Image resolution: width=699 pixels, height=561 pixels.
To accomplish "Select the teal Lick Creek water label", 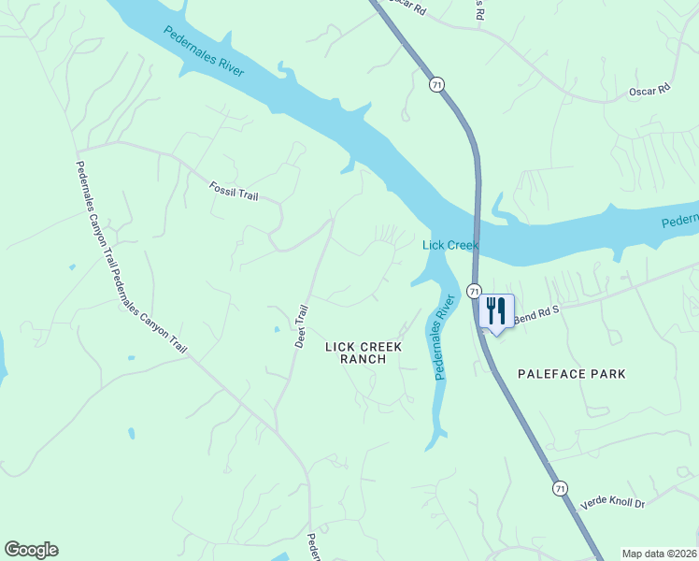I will pyautogui.click(x=450, y=245).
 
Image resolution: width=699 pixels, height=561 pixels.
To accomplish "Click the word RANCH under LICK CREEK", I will pyautogui.click(x=364, y=359).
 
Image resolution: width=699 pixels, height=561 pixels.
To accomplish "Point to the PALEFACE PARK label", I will pyautogui.click(x=571, y=374).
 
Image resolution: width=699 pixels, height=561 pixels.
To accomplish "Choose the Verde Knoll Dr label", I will pyautogui.click(x=612, y=503).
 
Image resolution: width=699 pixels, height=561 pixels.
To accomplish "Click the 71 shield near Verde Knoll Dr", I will pyautogui.click(x=559, y=488).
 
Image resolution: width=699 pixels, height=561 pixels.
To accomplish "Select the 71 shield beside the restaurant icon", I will pyautogui.click(x=474, y=291).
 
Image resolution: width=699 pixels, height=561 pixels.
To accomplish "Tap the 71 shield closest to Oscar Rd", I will pyautogui.click(x=436, y=85).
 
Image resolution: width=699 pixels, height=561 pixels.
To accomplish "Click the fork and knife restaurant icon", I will pyautogui.click(x=496, y=310).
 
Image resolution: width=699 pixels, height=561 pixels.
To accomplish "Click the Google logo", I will pyautogui.click(x=31, y=550).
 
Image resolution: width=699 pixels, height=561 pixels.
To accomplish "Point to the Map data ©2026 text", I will pyautogui.click(x=659, y=554).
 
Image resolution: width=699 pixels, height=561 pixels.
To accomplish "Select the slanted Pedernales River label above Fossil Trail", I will pyautogui.click(x=204, y=50).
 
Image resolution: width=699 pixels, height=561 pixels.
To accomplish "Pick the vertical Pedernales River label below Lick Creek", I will pyautogui.click(x=443, y=337).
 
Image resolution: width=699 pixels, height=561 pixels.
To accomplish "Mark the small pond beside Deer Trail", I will pyautogui.click(x=276, y=330).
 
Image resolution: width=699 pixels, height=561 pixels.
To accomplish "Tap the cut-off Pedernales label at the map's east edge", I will pyautogui.click(x=679, y=222).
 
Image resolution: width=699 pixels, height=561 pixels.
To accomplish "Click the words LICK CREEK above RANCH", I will pyautogui.click(x=364, y=347).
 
